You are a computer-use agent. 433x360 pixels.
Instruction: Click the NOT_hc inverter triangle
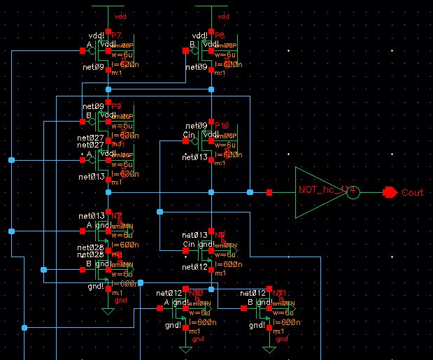click(318, 191)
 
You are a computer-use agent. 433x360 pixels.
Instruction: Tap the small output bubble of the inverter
click(354, 192)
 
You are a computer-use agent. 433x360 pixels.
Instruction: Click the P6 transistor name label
click(220, 35)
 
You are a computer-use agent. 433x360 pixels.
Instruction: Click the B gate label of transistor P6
click(193, 44)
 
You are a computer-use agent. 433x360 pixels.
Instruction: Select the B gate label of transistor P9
click(89, 115)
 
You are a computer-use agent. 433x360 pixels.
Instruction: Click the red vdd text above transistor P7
click(118, 15)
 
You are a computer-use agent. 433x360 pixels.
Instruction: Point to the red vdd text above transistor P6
click(224, 15)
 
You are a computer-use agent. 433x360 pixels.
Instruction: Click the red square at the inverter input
click(269, 192)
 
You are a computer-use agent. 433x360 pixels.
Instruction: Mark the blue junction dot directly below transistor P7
click(108, 89)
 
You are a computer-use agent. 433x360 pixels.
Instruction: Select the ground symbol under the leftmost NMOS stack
click(108, 310)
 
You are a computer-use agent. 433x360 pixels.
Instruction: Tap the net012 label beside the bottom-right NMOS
click(253, 292)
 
